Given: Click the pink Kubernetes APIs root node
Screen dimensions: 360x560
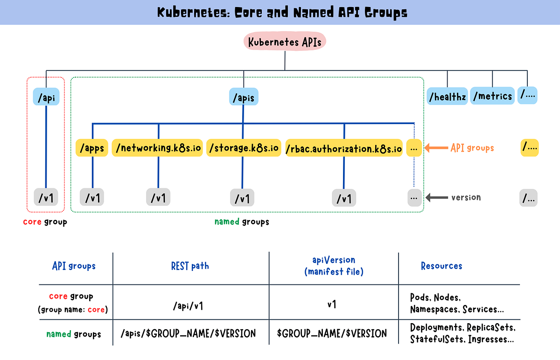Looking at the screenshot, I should (x=285, y=42).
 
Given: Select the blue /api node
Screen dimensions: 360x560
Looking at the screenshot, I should (x=46, y=98).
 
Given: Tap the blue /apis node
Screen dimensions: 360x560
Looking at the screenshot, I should (x=244, y=98).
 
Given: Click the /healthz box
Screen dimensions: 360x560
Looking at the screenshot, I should (x=447, y=97).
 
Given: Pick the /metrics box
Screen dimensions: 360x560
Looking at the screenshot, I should (x=492, y=96).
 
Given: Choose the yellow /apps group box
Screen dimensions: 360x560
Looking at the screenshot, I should (x=92, y=148).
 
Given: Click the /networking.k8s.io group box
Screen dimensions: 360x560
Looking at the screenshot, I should (x=158, y=148).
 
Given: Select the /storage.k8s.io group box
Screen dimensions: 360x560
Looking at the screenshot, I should (x=244, y=148).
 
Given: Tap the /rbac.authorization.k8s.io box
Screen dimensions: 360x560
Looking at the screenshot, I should (x=344, y=149).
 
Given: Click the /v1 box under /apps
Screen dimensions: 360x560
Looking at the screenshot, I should (x=92, y=198).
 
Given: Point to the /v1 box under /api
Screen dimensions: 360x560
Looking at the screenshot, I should (x=46, y=198).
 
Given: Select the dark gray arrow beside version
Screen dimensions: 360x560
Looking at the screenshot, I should (x=435, y=198).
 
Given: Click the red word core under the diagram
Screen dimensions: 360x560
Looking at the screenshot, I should (x=32, y=222).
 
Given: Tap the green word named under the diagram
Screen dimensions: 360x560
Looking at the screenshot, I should (x=227, y=222).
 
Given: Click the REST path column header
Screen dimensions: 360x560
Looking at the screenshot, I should (x=190, y=266).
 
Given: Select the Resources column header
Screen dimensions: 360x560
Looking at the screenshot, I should (x=441, y=266).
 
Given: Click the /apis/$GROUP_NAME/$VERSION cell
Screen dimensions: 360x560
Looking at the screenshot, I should (x=188, y=333).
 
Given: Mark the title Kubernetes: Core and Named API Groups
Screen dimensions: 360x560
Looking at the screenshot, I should (x=282, y=13).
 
